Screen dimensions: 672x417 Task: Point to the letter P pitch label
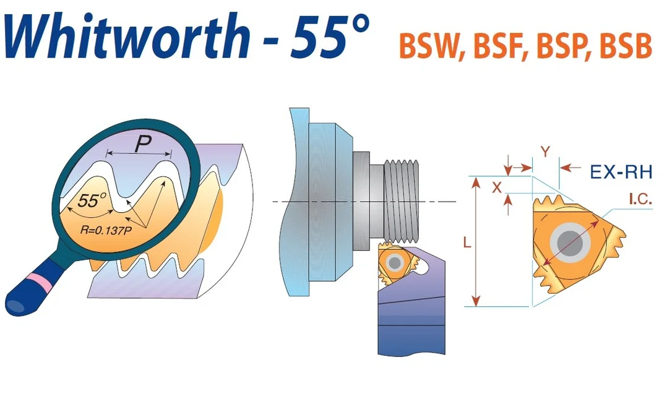[x=142, y=144]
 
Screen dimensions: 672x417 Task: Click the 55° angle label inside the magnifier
[x=92, y=200]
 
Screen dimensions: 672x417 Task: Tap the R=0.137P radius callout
[x=106, y=230]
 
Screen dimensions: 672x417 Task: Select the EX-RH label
[x=621, y=172]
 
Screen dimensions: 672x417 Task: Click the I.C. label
[x=640, y=199]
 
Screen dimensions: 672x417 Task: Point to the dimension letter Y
[x=545, y=152]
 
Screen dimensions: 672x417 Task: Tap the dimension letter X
[x=497, y=187]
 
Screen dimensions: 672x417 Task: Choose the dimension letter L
[x=467, y=243]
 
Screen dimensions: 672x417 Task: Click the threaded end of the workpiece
[x=401, y=201]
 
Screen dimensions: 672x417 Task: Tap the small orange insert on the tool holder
[x=396, y=262]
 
